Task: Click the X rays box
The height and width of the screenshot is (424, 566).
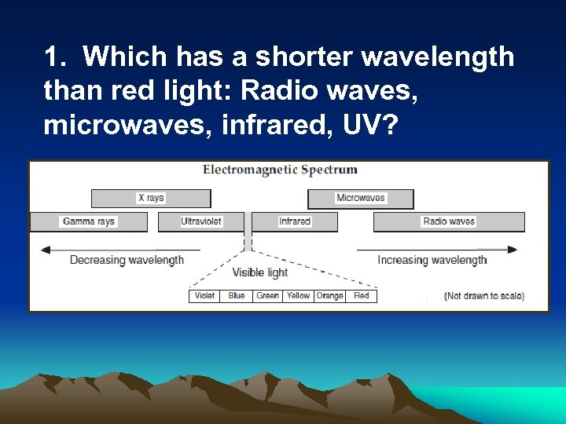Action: pyautogui.click(x=151, y=198)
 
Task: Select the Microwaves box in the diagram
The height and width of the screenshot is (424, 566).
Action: pyautogui.click(x=360, y=198)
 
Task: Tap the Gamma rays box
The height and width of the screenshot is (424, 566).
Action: pyautogui.click(x=88, y=221)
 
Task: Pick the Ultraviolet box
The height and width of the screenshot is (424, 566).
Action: pyautogui.click(x=201, y=221)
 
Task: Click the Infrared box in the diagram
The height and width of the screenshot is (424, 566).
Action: pyautogui.click(x=295, y=221)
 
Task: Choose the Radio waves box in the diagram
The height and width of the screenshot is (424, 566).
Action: pyautogui.click(x=448, y=221)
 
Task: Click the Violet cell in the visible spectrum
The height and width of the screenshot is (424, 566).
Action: pyautogui.click(x=204, y=296)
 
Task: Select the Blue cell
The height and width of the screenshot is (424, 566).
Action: pyautogui.click(x=237, y=296)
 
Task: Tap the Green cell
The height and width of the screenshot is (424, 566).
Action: pyautogui.click(x=267, y=296)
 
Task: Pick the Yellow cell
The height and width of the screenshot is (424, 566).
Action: pyautogui.click(x=298, y=296)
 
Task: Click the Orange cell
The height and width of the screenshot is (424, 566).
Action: pyautogui.click(x=329, y=296)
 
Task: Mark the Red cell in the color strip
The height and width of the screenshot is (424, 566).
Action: pyautogui.click(x=362, y=296)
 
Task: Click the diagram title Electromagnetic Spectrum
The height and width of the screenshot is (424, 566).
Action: pyautogui.click(x=280, y=170)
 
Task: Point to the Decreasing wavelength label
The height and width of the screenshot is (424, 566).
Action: pyautogui.click(x=127, y=261)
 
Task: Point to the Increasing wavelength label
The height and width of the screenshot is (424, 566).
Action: pyautogui.click(x=432, y=261)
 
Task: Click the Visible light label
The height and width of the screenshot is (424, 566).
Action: pyautogui.click(x=259, y=273)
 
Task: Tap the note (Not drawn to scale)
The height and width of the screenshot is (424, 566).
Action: pyautogui.click(x=484, y=297)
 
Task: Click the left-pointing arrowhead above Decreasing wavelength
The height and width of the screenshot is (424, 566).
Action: pyautogui.click(x=46, y=250)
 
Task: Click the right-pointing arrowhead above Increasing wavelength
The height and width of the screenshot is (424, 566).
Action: pyautogui.click(x=513, y=250)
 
